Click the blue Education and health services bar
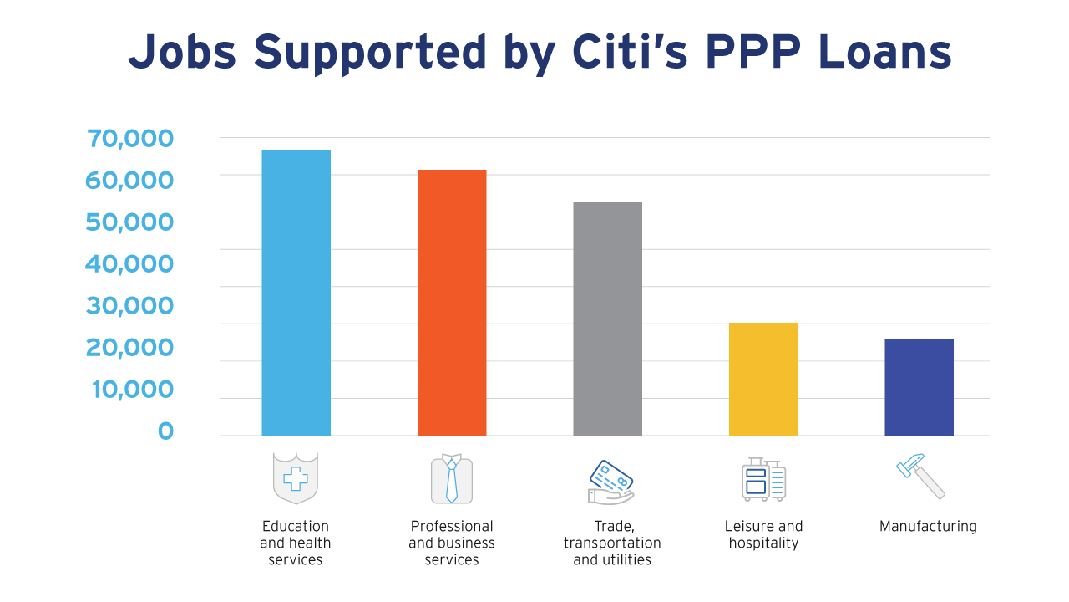pyautogui.click(x=296, y=293)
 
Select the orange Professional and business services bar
pyautogui.click(x=452, y=303)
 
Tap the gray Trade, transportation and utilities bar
pyautogui.click(x=607, y=319)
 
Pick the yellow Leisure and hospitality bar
pyautogui.click(x=763, y=379)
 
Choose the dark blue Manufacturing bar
pyautogui.click(x=919, y=387)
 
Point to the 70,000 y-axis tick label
pyautogui.click(x=129, y=139)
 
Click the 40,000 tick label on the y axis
pyautogui.click(x=129, y=264)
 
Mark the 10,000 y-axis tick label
pyautogui.click(x=129, y=390)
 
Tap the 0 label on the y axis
pyautogui.click(x=165, y=431)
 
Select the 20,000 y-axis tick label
pyautogui.click(x=129, y=348)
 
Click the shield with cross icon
pyautogui.click(x=296, y=478)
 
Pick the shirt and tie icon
pyautogui.click(x=452, y=479)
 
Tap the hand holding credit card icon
pyautogui.click(x=610, y=482)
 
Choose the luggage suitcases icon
pyautogui.click(x=763, y=479)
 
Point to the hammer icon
pyautogui.click(x=920, y=476)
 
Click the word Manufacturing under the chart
pyautogui.click(x=928, y=527)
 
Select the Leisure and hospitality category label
pyautogui.click(x=763, y=535)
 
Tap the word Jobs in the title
pyautogui.click(x=183, y=52)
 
